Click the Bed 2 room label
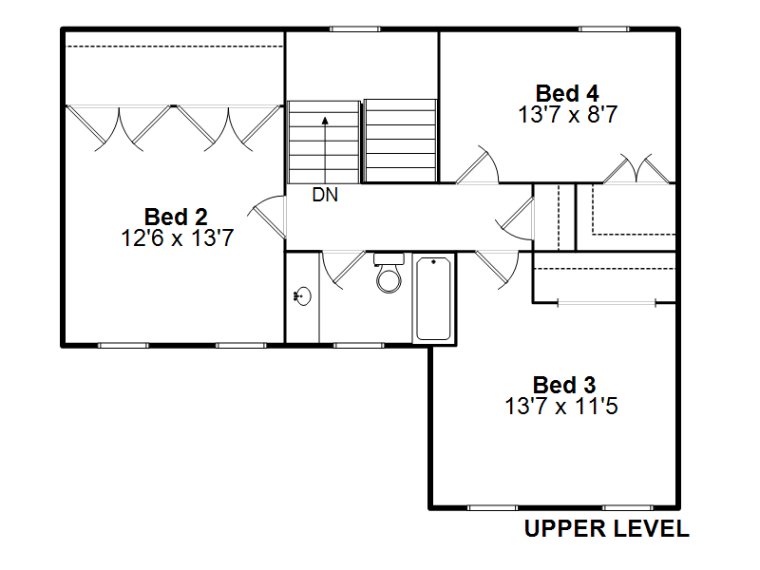click(x=176, y=217)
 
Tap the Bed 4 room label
click(x=567, y=93)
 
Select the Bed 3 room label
click(x=564, y=386)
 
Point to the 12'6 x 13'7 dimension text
click(x=178, y=238)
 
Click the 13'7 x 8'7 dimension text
click(x=567, y=115)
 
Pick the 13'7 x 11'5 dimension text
click(x=561, y=407)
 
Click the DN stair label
click(x=325, y=195)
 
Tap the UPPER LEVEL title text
click(x=607, y=528)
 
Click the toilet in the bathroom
click(x=389, y=273)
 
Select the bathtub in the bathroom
click(x=434, y=298)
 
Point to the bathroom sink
click(x=302, y=295)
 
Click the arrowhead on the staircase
click(x=325, y=121)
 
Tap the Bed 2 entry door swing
click(x=267, y=217)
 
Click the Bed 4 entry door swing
click(x=478, y=164)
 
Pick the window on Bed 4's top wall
click(x=604, y=29)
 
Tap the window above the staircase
click(x=355, y=29)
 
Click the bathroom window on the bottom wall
click(x=359, y=346)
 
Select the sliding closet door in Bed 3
click(x=606, y=303)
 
